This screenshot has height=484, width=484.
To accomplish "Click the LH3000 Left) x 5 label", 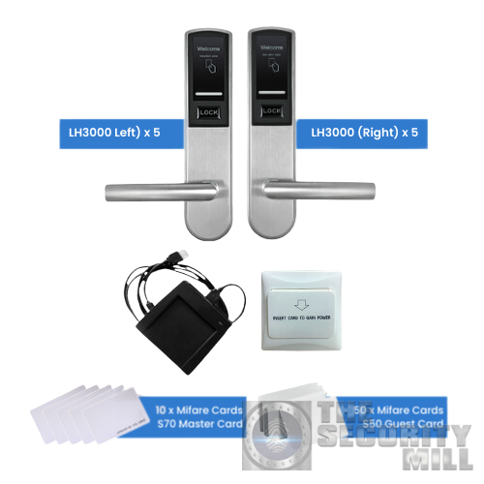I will (108, 132).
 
